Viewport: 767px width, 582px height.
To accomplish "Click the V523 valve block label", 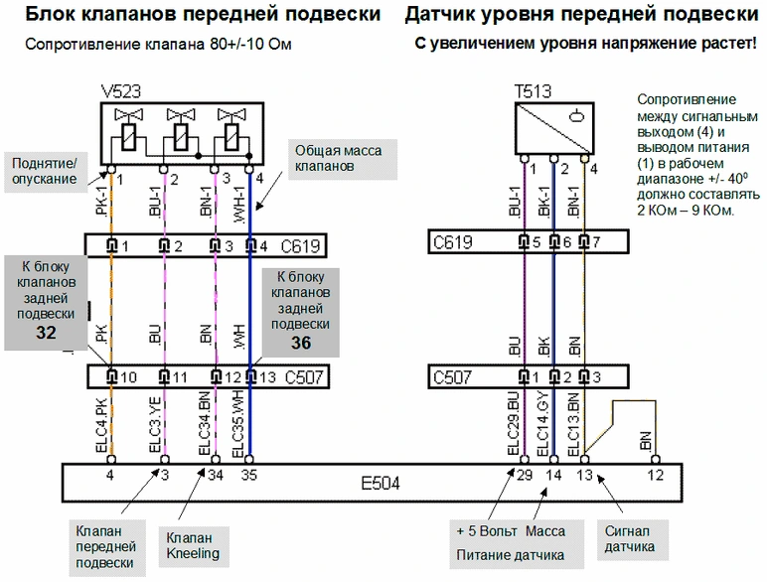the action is [121, 91].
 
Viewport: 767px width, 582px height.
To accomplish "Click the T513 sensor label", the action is [533, 91].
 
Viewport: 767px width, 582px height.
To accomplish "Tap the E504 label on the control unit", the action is [381, 484].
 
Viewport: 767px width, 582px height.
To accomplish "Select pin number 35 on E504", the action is [249, 475].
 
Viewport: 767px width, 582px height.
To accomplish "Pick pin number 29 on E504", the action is [525, 475].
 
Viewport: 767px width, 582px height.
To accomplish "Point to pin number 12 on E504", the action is [656, 475].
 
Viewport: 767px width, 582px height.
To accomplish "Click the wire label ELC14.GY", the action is [543, 424].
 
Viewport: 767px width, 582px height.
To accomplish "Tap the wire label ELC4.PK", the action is [101, 426].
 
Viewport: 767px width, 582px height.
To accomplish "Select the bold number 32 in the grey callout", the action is [46, 333].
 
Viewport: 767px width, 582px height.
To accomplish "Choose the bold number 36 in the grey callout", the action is [301, 343].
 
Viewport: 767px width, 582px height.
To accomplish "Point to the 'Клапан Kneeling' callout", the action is [193, 546].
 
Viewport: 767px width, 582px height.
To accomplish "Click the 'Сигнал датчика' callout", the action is [632, 539].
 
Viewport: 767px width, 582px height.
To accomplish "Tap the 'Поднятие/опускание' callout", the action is [45, 172].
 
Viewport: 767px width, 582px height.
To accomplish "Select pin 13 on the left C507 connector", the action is [251, 376].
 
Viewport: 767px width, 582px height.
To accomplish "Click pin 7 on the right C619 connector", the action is [584, 241].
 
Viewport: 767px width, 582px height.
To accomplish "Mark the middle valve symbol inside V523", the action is [181, 129].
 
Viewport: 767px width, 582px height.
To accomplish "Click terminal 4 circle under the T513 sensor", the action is [584, 159].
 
